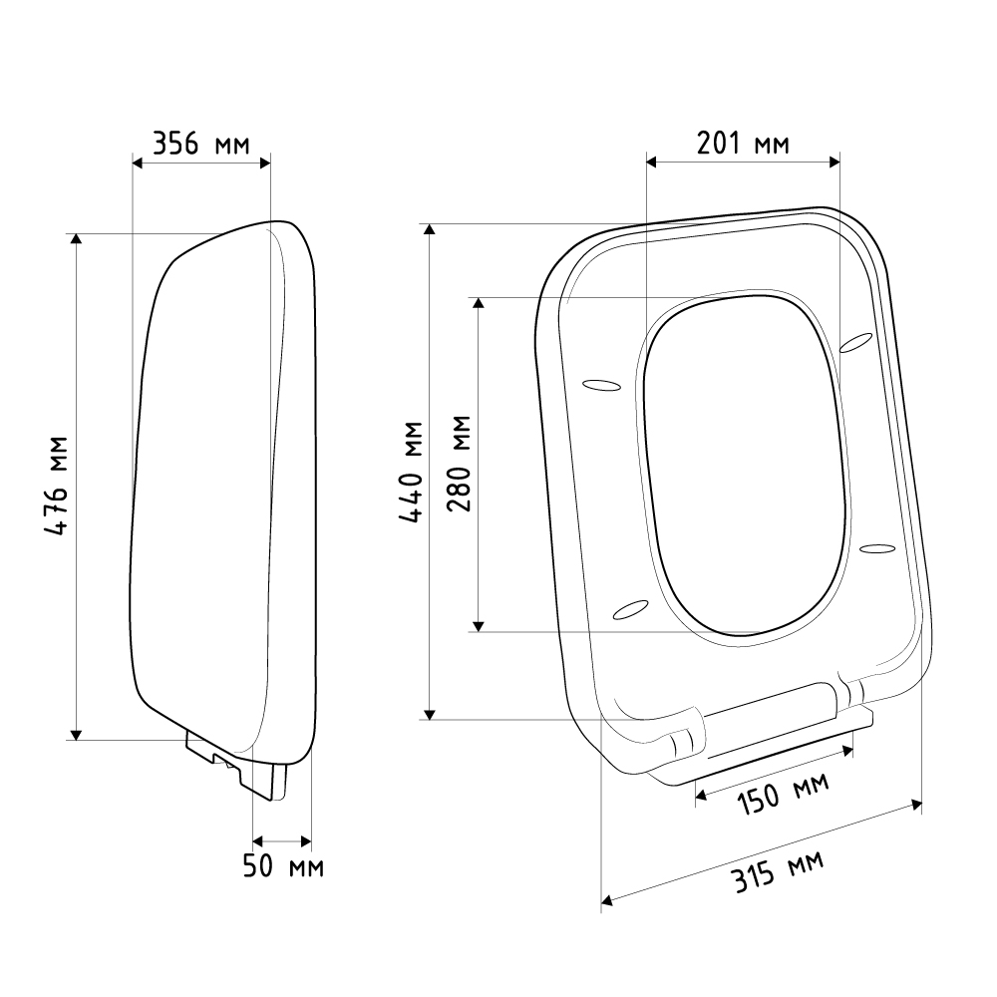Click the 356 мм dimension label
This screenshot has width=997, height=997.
click(201, 144)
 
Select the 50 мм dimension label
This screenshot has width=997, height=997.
click(283, 866)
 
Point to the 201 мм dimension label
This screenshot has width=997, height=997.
click(743, 143)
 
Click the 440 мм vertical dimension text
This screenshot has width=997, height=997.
click(412, 472)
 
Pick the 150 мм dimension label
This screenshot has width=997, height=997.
click(784, 793)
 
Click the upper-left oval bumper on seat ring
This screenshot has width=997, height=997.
click(601, 385)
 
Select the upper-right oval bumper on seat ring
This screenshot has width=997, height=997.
click(855, 342)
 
